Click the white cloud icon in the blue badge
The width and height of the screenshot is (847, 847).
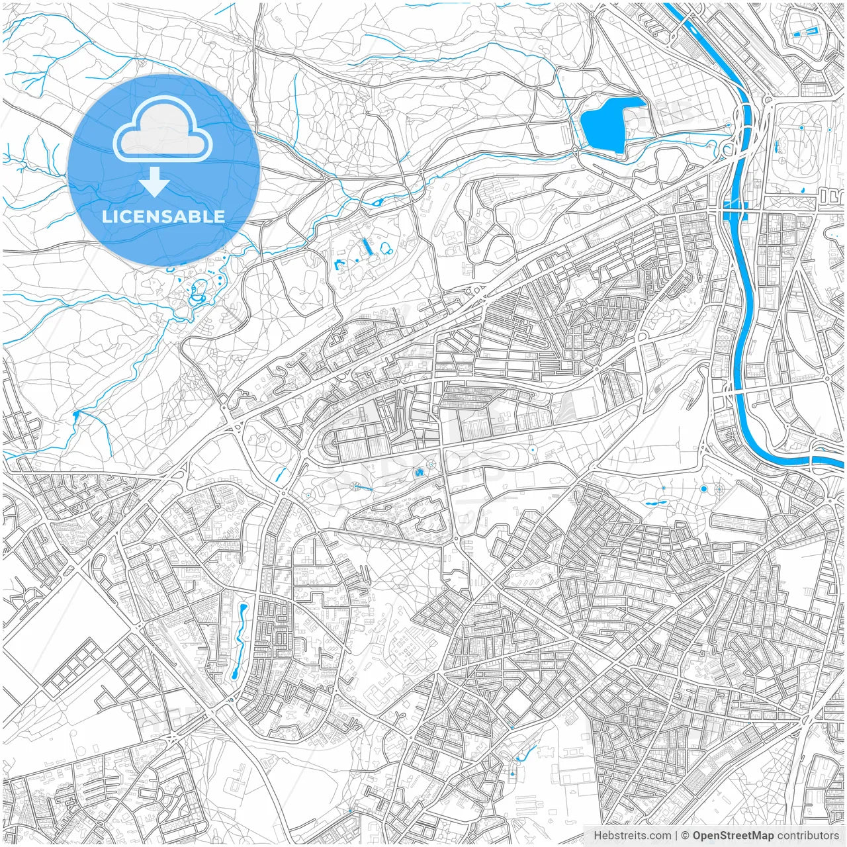coord(163,129)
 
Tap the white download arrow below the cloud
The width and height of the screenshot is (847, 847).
coord(155,183)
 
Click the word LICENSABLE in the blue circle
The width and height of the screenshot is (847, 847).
coord(163,216)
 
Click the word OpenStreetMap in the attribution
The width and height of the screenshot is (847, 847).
coord(733,836)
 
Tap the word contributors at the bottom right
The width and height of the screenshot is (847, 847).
coord(808,836)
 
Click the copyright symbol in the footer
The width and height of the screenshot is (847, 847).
coord(686,836)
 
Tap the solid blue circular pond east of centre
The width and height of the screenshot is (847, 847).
coord(703,489)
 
